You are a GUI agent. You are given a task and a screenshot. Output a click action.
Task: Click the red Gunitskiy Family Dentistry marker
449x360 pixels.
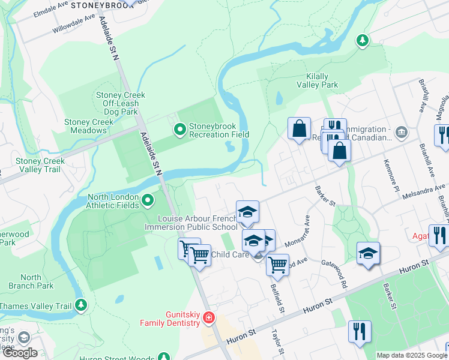coord(208,317)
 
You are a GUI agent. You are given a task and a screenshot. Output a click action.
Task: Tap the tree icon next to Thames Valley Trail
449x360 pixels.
coord(81,305)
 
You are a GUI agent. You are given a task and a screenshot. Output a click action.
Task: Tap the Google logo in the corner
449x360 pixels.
coord(20,353)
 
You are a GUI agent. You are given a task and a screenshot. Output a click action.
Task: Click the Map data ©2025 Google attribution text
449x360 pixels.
coord(412,355)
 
